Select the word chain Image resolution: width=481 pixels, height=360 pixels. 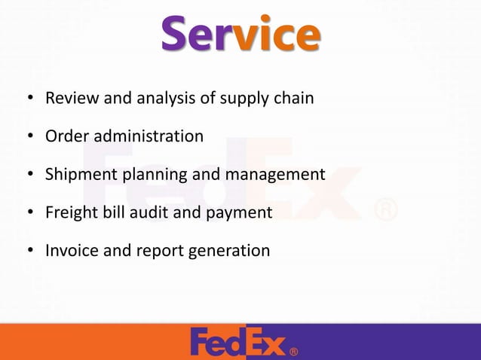click(x=292, y=98)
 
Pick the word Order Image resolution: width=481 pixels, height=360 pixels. click(x=65, y=136)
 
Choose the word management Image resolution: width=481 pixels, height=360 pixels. click(x=276, y=175)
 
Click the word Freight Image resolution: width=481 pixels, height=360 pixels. click(x=69, y=213)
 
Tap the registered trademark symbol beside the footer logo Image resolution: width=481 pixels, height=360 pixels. click(x=293, y=351)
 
